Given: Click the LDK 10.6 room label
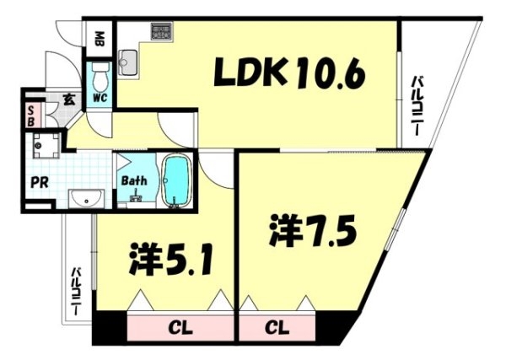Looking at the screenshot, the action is point(290,73).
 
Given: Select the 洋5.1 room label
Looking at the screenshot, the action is point(171,259).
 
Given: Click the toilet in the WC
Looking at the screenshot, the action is point(100,77).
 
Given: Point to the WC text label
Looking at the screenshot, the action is point(100,98).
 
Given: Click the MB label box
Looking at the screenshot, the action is point(100,39).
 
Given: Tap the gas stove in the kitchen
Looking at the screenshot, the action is point(162,32).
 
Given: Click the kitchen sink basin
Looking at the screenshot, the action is point(128,62).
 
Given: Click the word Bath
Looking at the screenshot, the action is point(134,180).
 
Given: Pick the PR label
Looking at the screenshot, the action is point(40,183).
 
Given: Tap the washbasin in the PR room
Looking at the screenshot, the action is point(86,200).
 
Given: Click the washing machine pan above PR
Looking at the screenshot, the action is point(46,146).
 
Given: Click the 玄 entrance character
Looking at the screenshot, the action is point(69,100).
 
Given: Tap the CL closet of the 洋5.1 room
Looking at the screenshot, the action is point(180,328).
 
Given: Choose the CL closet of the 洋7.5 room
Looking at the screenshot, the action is point(277,328).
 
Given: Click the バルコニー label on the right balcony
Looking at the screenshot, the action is point(416,105).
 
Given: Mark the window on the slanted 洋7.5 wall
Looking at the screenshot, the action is point(396,229).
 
